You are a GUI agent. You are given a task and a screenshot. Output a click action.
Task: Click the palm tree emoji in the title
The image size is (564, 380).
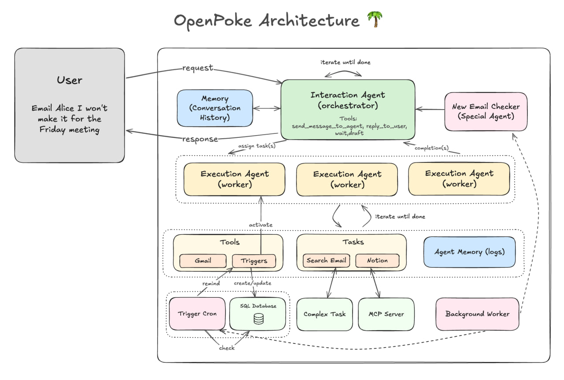click(375, 20)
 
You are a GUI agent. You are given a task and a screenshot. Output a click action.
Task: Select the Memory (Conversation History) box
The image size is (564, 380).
click(215, 108)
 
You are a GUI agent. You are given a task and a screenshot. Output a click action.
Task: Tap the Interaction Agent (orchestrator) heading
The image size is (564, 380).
click(348, 100)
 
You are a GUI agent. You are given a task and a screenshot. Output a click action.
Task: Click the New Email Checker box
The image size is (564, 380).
click(486, 111)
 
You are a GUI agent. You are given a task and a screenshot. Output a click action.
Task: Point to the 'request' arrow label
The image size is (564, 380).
click(197, 68)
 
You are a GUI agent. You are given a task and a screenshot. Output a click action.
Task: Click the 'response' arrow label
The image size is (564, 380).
click(200, 139)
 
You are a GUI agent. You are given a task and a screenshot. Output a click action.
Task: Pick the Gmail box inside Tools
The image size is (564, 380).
click(203, 260)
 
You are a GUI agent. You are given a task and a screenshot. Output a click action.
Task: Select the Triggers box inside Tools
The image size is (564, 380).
click(254, 261)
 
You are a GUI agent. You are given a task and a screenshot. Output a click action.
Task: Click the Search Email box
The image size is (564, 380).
click(326, 260)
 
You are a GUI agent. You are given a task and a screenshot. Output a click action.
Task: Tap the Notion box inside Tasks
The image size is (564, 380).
click(377, 260)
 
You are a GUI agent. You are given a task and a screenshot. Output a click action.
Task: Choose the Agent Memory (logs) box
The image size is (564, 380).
click(469, 252)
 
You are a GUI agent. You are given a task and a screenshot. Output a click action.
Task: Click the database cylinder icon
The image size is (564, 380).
click(259, 319)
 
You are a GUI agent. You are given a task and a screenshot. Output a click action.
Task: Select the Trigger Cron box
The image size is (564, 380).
click(197, 314)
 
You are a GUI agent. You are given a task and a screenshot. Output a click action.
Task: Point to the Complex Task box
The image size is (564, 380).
click(325, 314)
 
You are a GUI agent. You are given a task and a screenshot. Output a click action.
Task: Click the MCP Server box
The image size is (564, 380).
click(386, 314)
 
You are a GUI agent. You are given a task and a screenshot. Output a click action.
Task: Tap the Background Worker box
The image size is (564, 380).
click(477, 314)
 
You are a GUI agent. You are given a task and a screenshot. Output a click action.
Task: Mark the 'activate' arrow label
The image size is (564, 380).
click(260, 225)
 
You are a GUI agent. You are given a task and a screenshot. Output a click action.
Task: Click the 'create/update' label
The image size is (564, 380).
click(253, 283)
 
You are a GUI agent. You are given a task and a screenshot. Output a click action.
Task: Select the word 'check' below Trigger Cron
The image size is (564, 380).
click(227, 348)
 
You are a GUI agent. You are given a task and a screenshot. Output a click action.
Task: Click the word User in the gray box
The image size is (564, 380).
click(69, 80)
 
